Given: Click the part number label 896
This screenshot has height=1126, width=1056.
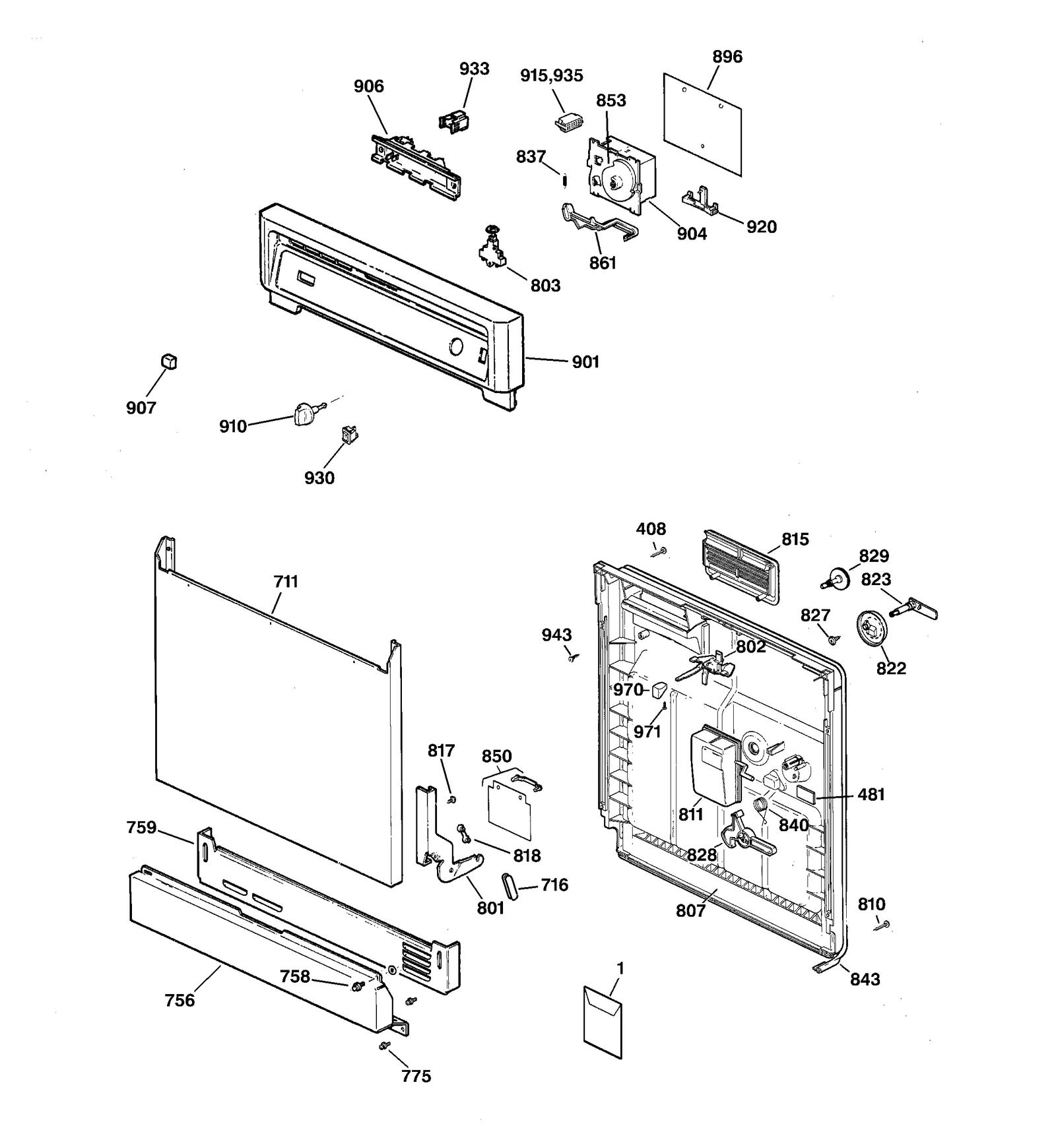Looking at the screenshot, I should (x=727, y=57).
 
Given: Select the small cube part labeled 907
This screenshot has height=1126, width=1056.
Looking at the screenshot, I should (x=170, y=361).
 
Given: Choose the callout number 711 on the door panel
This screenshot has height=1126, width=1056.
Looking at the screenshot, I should (x=286, y=582).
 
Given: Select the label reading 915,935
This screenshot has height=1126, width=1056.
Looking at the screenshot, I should (x=552, y=76).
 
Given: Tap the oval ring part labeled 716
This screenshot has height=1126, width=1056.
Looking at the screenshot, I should (x=510, y=885).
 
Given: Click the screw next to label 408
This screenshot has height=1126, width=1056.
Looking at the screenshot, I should (x=661, y=551).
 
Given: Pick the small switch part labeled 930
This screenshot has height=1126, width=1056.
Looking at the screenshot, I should (x=349, y=433).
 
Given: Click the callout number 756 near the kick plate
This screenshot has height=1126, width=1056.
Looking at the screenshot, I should (x=180, y=1001).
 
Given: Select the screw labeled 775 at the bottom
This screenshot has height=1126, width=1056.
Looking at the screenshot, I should (x=385, y=1046).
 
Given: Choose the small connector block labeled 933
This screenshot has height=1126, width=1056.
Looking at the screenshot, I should (x=454, y=121).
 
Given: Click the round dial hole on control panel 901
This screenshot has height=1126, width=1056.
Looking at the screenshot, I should (x=455, y=346).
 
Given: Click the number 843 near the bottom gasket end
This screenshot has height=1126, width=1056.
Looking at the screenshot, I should (x=865, y=979).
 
